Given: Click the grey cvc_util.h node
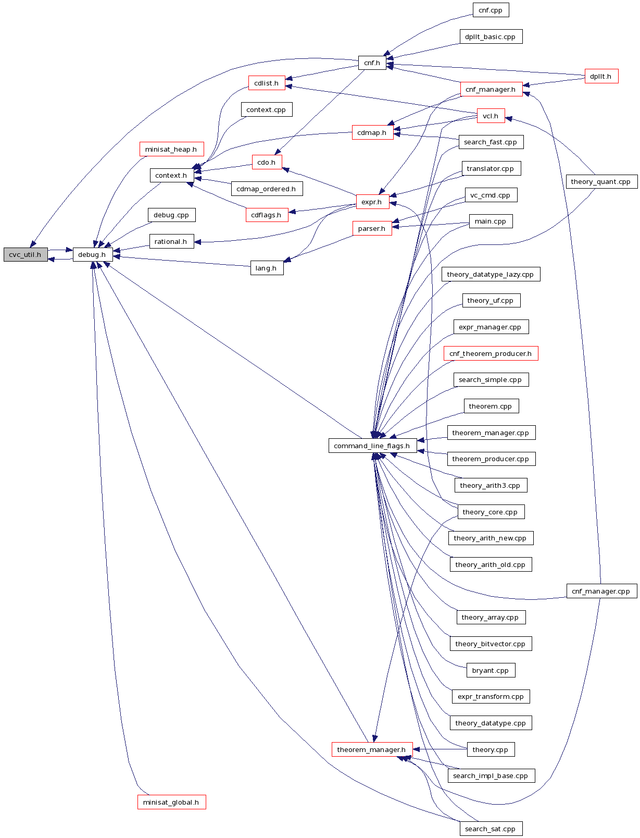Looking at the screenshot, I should [x=26, y=255].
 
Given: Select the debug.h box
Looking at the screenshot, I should [x=92, y=255].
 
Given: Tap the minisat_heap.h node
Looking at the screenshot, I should [x=171, y=149].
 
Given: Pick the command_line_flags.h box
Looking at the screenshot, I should [x=372, y=446].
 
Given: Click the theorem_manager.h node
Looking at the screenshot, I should [x=371, y=749].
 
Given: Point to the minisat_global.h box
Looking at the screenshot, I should [x=171, y=802].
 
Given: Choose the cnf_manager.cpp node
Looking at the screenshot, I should [x=601, y=591].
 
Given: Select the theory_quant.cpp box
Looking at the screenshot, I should [x=601, y=181].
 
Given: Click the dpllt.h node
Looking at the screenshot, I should [x=601, y=76].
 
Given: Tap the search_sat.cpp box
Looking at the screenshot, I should [x=490, y=829].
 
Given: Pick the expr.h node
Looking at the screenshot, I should [x=372, y=202].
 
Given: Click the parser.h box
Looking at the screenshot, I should [x=372, y=228].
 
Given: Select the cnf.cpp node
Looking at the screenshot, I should [x=491, y=10].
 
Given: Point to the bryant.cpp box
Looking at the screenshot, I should [x=490, y=670].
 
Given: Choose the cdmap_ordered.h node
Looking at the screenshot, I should [x=266, y=189].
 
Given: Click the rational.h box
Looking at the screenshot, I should [x=171, y=241].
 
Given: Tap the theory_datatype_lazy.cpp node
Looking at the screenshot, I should [x=490, y=274].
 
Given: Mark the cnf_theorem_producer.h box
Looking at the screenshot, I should [x=490, y=353].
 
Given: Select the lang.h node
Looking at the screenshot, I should [x=266, y=268].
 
